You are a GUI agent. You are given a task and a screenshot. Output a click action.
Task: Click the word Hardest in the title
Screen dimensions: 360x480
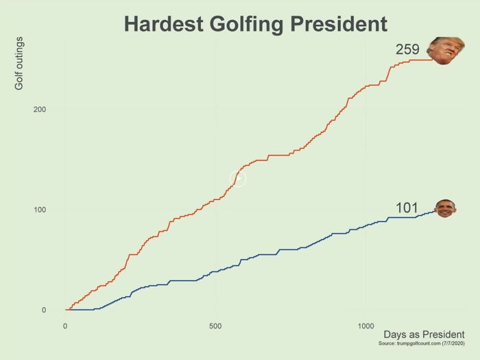[x=164, y=24]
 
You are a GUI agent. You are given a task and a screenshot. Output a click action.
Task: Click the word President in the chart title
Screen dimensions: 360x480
[x=339, y=24]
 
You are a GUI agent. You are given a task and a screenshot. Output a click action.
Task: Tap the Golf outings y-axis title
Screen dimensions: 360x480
[x=19, y=64]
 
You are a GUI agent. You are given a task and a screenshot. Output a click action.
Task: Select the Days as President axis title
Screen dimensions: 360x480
[x=424, y=334]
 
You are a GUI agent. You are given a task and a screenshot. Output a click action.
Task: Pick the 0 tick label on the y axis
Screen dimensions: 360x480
[x=43, y=310]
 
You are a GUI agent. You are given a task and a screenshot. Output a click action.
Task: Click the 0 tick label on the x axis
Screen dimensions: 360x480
[x=65, y=325]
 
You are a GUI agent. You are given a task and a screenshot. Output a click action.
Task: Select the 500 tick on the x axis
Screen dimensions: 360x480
[x=215, y=325]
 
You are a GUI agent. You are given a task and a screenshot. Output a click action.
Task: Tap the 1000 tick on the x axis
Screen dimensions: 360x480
[x=365, y=325]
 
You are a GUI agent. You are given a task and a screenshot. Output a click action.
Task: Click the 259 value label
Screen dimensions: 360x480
[x=407, y=49]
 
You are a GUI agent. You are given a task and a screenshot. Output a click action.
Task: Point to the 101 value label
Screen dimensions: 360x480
[x=407, y=208]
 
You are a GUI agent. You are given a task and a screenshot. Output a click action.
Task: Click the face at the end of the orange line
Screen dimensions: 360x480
[x=441, y=50]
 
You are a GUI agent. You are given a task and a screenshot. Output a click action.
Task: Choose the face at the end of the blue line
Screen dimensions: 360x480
[x=446, y=208]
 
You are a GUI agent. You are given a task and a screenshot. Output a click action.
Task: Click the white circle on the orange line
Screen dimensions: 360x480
[x=238, y=179]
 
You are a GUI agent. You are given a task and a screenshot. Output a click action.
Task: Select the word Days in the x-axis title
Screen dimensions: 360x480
[x=396, y=334]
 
